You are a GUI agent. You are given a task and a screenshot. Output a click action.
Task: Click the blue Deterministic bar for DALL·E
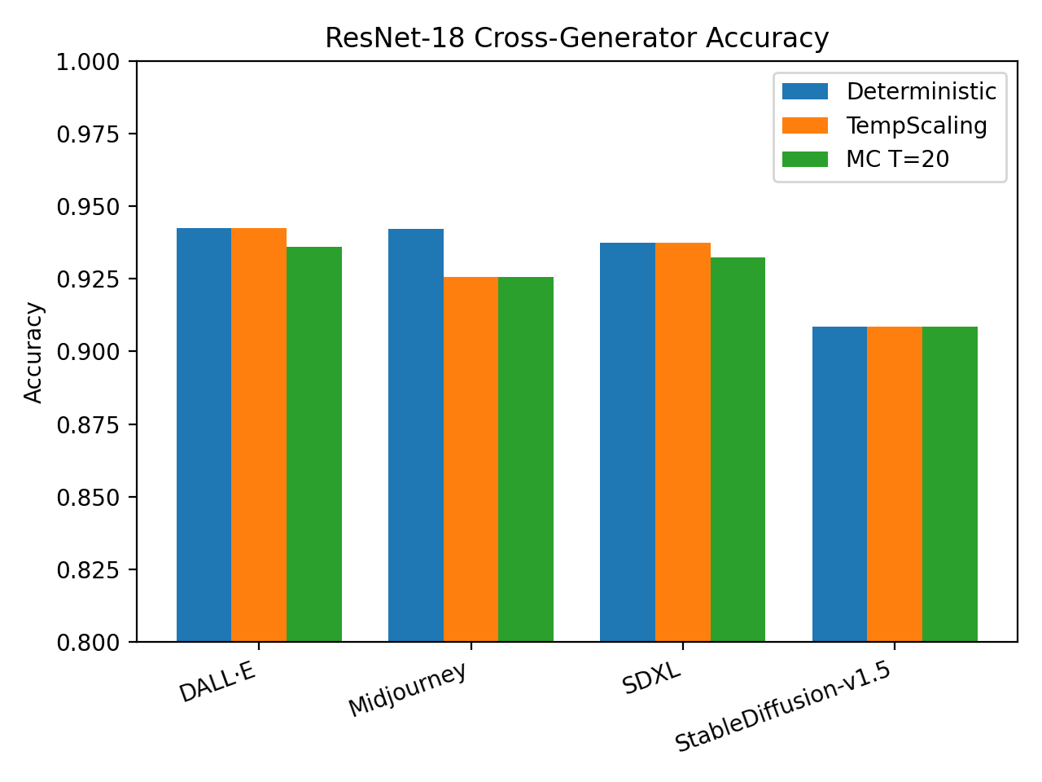204,435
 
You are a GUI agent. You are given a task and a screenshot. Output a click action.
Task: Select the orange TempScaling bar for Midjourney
471,459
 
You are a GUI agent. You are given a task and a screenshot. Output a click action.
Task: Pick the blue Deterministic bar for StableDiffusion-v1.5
839,484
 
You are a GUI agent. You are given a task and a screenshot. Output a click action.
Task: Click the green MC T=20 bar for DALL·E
314,444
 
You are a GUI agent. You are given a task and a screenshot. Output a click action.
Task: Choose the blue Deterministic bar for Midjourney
416,435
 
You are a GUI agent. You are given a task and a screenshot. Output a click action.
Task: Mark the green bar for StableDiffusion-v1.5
950,484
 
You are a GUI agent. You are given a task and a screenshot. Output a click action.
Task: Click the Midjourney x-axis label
408,689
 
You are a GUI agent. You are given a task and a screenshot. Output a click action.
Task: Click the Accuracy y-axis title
33,352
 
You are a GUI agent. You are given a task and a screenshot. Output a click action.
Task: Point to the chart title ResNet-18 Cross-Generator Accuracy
576,38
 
